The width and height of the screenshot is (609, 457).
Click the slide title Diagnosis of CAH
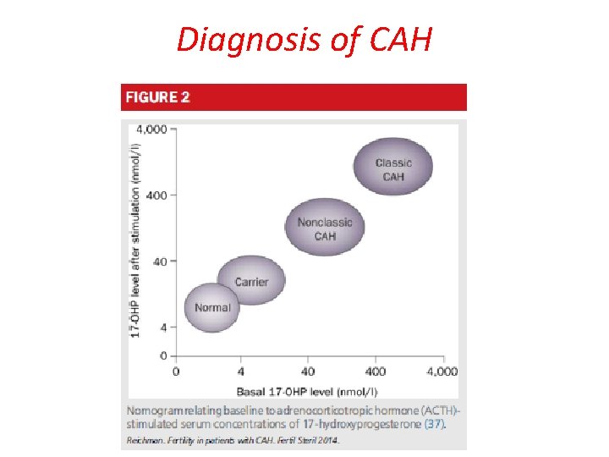(x=304, y=39)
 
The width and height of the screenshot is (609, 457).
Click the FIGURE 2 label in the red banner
(x=158, y=97)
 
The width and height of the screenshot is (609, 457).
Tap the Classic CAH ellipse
(x=392, y=169)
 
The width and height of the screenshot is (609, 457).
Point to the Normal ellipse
(x=212, y=307)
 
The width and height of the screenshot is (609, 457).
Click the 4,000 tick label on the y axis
(x=151, y=129)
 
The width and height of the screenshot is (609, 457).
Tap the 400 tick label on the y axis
(x=156, y=195)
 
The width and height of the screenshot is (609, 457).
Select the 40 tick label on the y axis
(x=159, y=262)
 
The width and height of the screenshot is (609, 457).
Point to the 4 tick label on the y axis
(x=162, y=327)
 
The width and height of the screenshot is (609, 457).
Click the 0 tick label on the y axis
(x=162, y=356)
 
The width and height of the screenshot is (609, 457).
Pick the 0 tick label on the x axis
(x=176, y=372)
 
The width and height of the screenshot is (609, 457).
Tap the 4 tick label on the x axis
(x=242, y=372)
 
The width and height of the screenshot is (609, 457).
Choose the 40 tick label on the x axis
(x=309, y=372)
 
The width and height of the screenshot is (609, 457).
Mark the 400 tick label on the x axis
(x=375, y=372)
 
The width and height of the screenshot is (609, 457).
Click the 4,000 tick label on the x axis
(x=442, y=372)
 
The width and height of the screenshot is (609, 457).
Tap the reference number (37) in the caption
(x=433, y=423)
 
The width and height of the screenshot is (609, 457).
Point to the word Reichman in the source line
(x=145, y=440)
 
